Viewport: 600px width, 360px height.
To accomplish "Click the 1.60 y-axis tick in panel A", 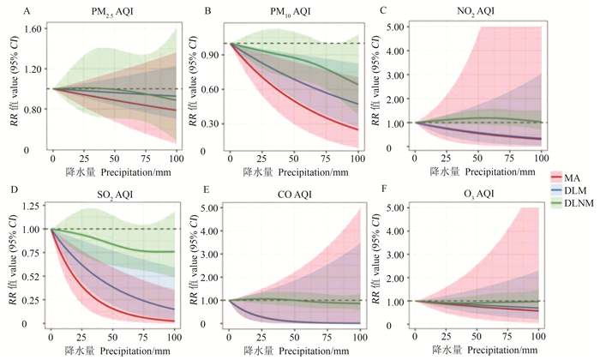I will click(x=32, y=28).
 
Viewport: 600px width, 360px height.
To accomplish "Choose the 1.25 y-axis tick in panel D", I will click(x=32, y=207).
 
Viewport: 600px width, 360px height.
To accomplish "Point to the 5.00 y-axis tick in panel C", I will click(x=393, y=27).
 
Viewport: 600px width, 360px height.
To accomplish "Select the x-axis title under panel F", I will click(x=477, y=350).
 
